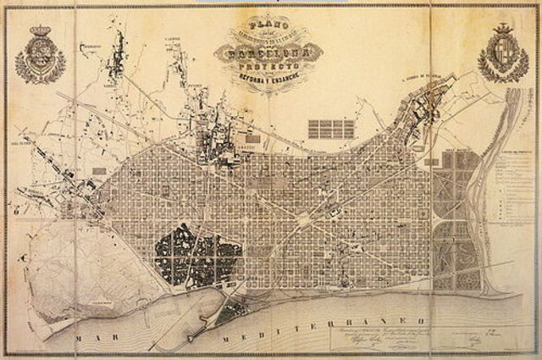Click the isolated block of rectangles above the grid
point(330,129)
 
